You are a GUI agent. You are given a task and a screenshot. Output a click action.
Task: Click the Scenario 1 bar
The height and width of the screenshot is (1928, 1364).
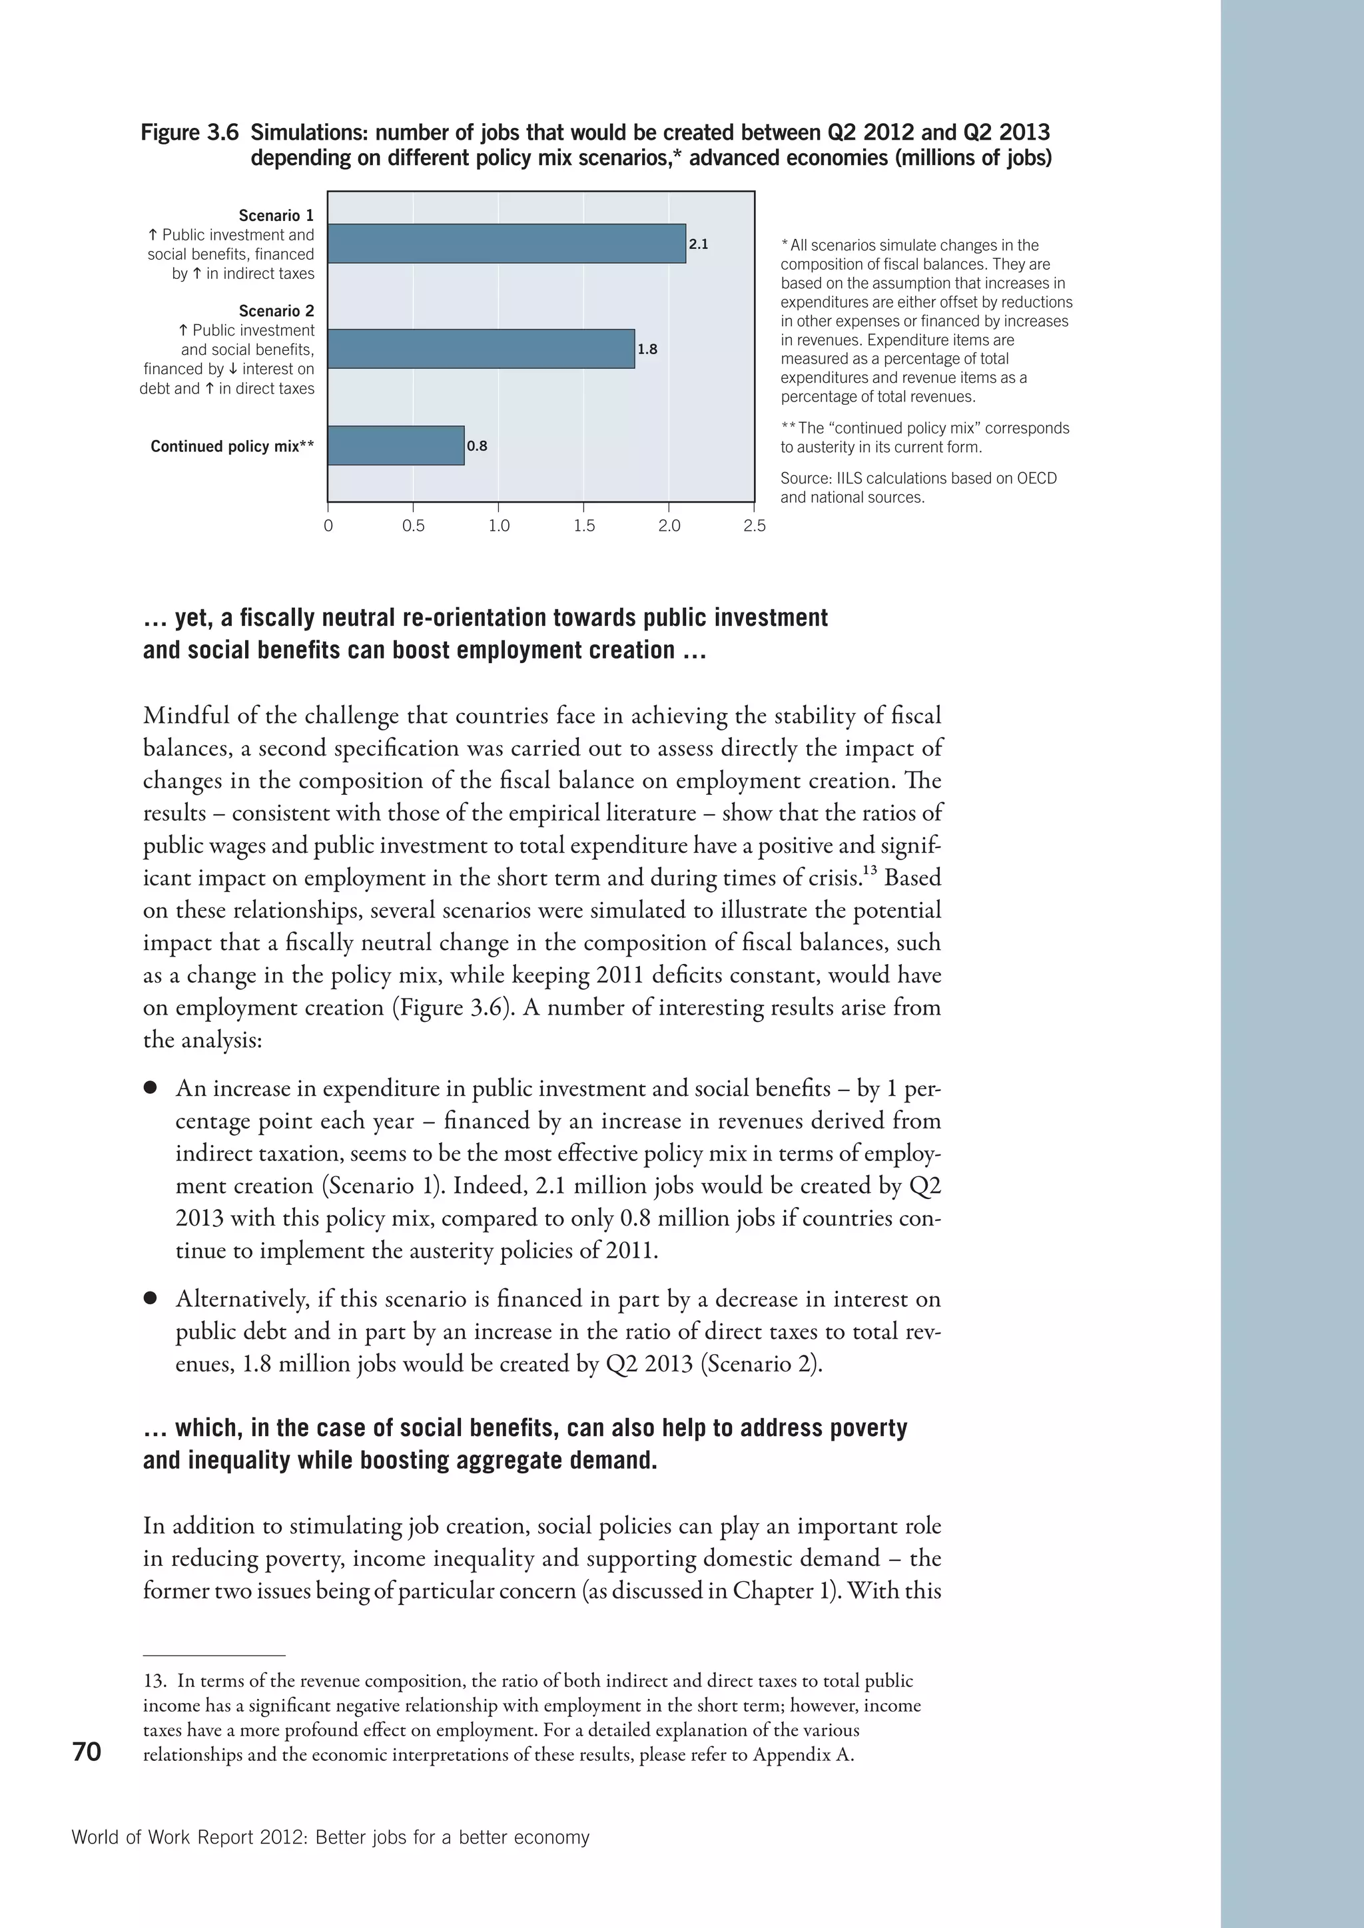click(506, 244)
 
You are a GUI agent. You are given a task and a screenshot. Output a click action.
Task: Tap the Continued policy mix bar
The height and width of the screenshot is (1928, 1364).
click(396, 445)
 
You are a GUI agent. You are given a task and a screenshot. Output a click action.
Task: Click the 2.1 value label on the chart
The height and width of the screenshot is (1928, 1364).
click(699, 244)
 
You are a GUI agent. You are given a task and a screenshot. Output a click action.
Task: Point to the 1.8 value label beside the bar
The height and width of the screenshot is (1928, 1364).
click(647, 350)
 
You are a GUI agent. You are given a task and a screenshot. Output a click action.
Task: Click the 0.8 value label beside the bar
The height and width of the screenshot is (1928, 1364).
click(477, 446)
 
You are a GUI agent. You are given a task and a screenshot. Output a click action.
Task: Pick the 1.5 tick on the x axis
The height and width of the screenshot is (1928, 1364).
click(585, 527)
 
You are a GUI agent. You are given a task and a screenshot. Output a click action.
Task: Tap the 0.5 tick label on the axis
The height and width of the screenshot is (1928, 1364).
click(413, 527)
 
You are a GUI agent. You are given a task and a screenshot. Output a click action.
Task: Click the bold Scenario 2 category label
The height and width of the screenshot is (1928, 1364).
click(276, 311)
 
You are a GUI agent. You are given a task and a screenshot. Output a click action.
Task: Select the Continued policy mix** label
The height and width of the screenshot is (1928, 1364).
click(232, 446)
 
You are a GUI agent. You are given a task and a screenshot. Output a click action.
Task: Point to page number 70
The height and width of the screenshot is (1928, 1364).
click(87, 1752)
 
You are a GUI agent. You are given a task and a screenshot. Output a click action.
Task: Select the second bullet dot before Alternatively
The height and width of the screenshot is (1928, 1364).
click(151, 1299)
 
